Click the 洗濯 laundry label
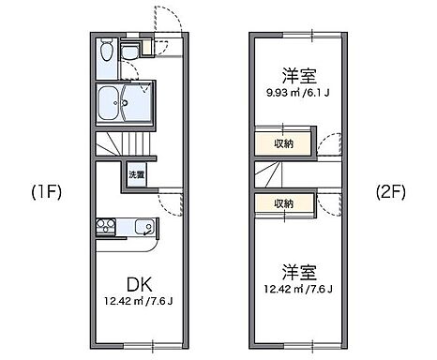137,174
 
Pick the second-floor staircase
273,176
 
